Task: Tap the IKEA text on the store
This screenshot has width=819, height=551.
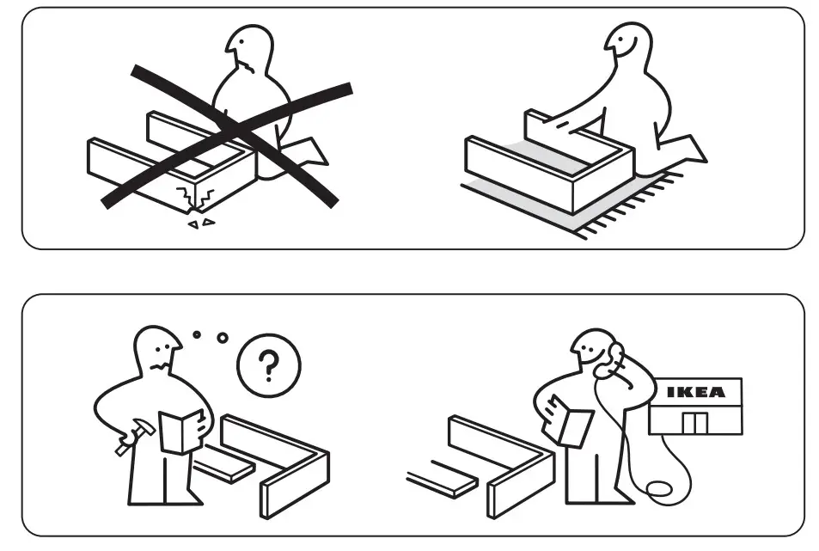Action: pos(696,393)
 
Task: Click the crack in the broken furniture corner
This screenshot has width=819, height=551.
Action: pos(191,197)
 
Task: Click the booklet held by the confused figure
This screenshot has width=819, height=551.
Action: pos(181,431)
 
